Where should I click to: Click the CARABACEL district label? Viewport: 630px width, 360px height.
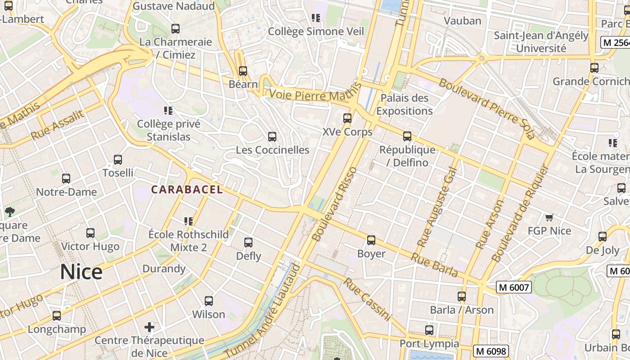tap(187, 189)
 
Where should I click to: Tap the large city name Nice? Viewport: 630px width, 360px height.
tap(81, 272)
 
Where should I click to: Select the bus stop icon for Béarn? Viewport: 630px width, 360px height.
tap(243, 71)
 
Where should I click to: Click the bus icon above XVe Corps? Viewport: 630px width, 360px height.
tap(347, 118)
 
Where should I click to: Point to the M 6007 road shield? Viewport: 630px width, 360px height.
tap(514, 287)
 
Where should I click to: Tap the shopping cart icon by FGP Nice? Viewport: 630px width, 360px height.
tap(549, 218)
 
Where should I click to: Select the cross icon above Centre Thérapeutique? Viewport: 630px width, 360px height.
tap(149, 327)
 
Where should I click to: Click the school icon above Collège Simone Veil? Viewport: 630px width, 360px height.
tap(316, 18)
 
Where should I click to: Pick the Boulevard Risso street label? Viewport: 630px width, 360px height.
tap(334, 204)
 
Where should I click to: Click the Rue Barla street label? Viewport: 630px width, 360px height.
tap(434, 265)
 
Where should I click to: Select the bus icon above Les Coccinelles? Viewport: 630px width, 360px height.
tap(272, 137)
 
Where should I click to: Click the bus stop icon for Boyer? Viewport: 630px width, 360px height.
tap(371, 240)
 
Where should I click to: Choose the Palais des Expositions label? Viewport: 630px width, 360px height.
tap(405, 104)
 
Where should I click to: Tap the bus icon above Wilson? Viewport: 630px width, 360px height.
tap(209, 301)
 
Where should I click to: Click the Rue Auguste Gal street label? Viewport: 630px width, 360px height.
tap(437, 207)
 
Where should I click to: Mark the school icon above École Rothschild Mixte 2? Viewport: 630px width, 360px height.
tap(189, 221)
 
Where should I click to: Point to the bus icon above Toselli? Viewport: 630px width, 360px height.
tap(118, 160)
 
